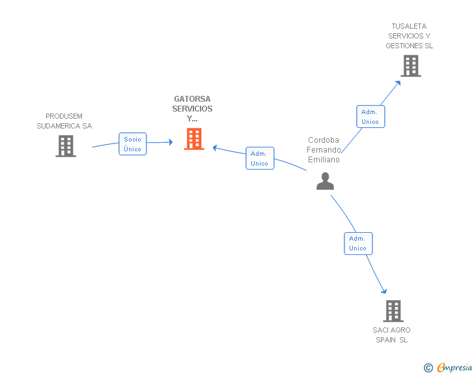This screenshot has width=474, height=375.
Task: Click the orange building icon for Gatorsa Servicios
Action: pos(194,139)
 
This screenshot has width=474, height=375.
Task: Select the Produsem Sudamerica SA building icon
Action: pos(66,146)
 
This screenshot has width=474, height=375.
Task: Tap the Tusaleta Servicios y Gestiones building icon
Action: pos(410,66)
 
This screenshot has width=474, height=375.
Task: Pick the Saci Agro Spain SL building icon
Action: pos(393,311)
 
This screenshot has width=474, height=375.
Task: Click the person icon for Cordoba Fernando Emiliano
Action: pos(325,181)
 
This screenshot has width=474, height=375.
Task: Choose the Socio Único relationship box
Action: pos(132,143)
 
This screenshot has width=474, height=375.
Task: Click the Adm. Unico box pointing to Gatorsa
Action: pos(260,158)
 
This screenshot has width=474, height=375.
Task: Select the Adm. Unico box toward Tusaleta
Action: pos(370,117)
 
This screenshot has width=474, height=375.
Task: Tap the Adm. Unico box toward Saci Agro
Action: pos(357,243)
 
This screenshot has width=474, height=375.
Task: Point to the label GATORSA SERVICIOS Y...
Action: pos(193,109)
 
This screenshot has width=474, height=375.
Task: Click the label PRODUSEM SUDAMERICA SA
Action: pos(64,121)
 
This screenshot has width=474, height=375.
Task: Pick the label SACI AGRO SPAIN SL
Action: pos(392,335)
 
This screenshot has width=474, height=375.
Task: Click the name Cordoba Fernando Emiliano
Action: pos(324,149)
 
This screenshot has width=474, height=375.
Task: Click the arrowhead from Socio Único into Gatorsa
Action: pos(171,142)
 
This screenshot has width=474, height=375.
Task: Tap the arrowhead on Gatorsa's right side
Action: pos(216,147)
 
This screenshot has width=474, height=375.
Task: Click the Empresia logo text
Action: pos(454,368)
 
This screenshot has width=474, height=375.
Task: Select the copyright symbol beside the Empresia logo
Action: pos(428,368)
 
